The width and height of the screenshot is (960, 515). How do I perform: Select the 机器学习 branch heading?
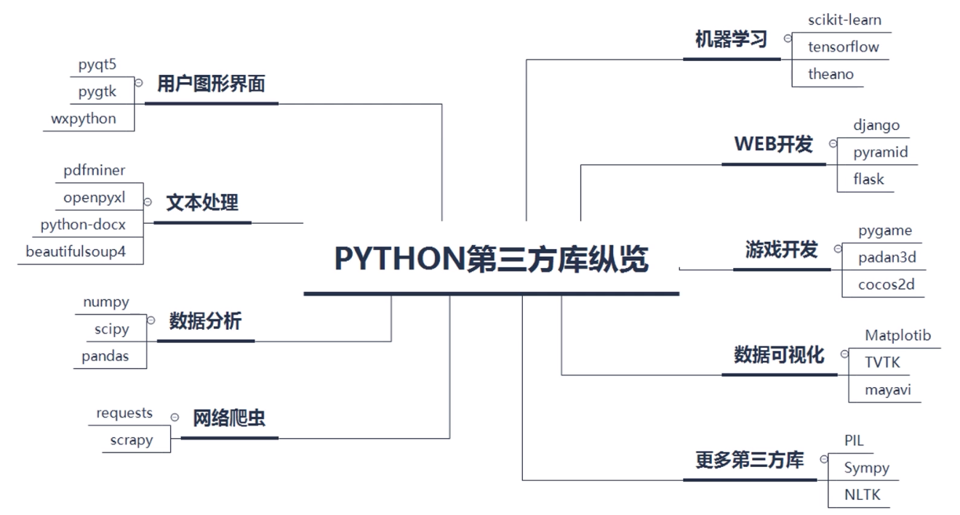click(731, 39)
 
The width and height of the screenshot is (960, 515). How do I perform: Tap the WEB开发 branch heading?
click(773, 144)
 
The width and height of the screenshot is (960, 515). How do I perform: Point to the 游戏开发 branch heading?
click(781, 250)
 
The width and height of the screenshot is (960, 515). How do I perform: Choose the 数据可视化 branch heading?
click(779, 354)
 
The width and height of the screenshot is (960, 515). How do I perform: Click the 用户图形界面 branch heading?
click(211, 84)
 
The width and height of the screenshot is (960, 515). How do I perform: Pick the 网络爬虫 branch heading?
click(229, 418)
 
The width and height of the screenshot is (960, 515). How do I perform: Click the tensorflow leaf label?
click(843, 47)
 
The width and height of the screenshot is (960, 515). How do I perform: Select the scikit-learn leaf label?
click(844, 20)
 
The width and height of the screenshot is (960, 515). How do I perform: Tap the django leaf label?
click(876, 125)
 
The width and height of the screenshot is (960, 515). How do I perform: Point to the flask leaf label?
click(868, 179)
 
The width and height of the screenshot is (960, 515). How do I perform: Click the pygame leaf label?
click(884, 231)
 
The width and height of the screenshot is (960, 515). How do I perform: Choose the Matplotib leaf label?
click(897, 336)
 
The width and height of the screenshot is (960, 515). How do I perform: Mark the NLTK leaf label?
click(862, 495)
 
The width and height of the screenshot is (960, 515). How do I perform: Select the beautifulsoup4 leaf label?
click(80, 252)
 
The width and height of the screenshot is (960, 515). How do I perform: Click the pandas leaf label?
click(105, 356)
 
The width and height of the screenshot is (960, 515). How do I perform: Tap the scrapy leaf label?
click(132, 439)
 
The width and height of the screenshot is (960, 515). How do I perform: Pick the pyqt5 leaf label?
click(97, 65)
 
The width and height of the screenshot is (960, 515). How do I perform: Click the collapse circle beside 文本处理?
click(148, 203)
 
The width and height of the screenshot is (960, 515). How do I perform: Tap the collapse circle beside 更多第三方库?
click(823, 459)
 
